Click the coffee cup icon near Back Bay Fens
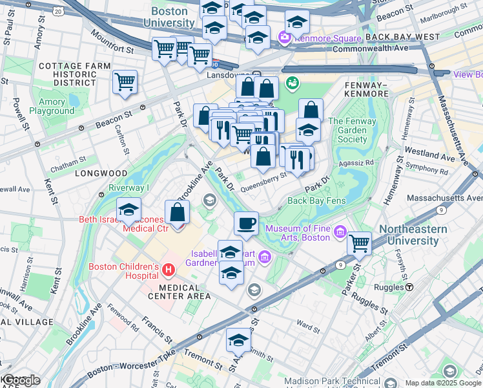pyautogui.click(x=246, y=224)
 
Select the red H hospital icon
pyautogui.click(x=169, y=268)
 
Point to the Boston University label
pyautogui.click(x=172, y=17)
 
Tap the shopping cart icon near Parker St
pyautogui.click(x=359, y=244)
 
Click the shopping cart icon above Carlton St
pyautogui.click(x=125, y=82)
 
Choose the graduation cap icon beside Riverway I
pyautogui.click(x=129, y=210)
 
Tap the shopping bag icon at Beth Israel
pyautogui.click(x=178, y=213)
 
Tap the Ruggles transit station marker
pyautogui.click(x=409, y=286)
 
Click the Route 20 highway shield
pyautogui.click(x=59, y=12)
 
